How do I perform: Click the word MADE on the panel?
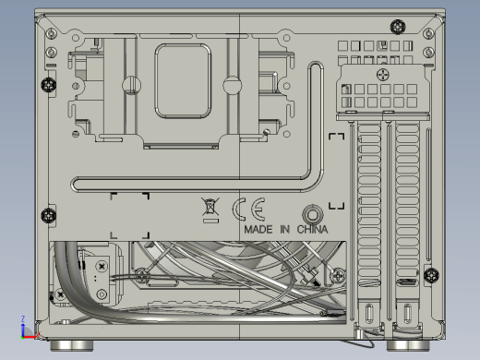[x=258, y=230]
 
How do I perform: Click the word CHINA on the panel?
[x=312, y=230]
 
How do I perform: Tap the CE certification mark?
[x=248, y=210]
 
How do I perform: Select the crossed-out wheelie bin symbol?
[x=210, y=207]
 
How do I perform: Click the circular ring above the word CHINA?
[x=313, y=214]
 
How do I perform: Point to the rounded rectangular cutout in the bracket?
[x=183, y=81]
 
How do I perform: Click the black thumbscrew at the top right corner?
[x=398, y=27]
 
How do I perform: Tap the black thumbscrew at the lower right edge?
[x=431, y=275]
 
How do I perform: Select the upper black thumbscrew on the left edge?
[x=49, y=85]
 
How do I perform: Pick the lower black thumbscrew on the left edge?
[x=49, y=215]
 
